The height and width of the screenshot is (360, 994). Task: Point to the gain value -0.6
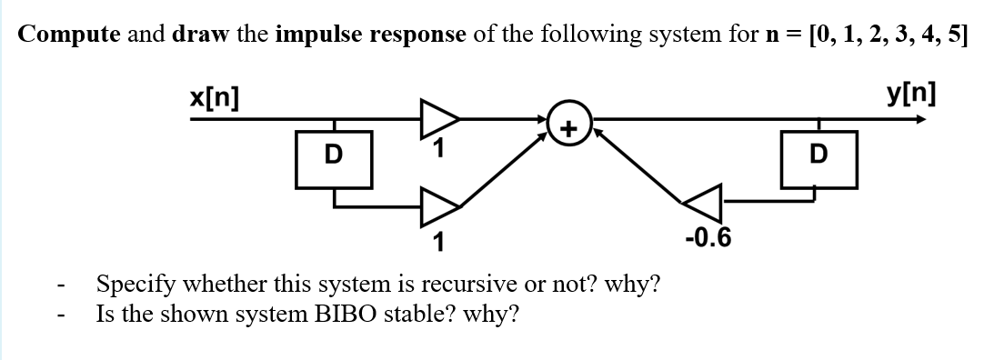pos(708,239)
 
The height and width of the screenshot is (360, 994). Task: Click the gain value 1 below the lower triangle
pos(438,242)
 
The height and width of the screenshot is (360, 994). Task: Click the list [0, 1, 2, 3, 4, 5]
pos(875,34)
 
